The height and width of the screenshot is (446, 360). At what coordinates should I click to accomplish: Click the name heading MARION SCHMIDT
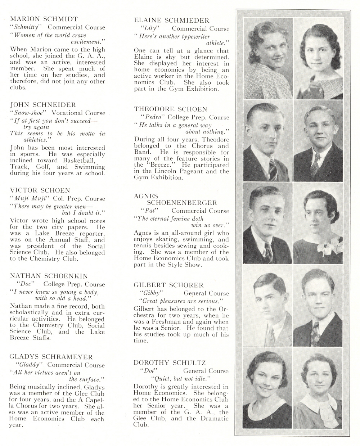coord(44,19)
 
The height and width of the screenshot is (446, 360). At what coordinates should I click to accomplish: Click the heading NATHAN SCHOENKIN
coord(49,276)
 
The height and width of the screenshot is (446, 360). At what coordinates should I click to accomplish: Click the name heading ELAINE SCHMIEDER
coord(171,21)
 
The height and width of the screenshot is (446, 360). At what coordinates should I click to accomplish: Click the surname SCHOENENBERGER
coord(182,203)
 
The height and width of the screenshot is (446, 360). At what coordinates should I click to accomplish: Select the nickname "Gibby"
coord(151,293)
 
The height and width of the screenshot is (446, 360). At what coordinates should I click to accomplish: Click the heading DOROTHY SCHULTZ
coord(170,362)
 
